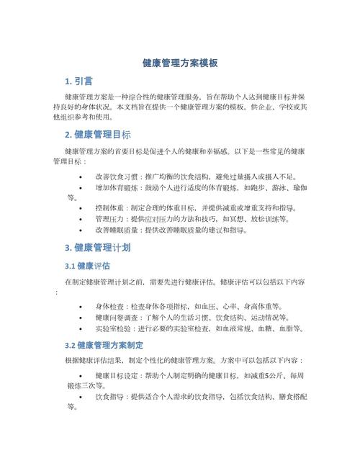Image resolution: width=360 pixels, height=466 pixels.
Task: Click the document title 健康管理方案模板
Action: (180, 63)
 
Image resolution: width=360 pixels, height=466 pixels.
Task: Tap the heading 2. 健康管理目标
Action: (98, 135)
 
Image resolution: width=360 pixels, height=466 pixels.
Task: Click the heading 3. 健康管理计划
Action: (98, 248)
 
